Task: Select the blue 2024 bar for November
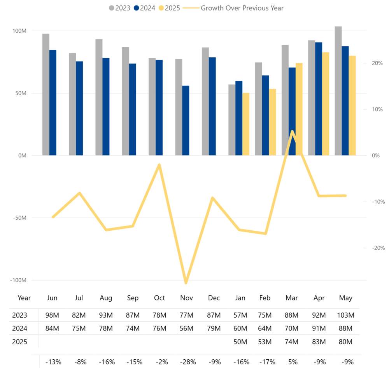pos(186,120)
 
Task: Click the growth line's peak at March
pos(292,132)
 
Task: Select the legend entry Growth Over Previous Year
pos(242,8)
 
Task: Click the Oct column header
pos(159,298)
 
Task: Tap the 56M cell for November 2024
pos(186,328)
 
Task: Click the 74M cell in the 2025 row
pos(292,342)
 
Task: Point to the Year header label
pos(24,298)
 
